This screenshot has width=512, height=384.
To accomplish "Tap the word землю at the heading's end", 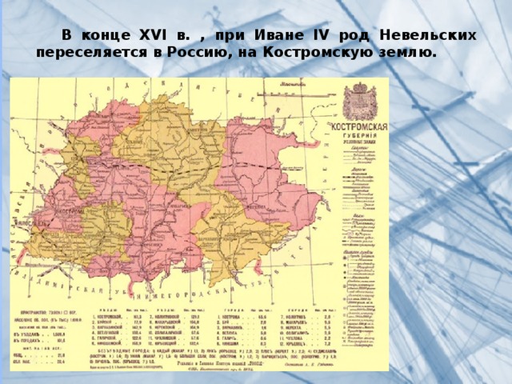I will pos(409,53).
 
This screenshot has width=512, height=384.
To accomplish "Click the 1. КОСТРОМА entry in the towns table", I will pos(239,318).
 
